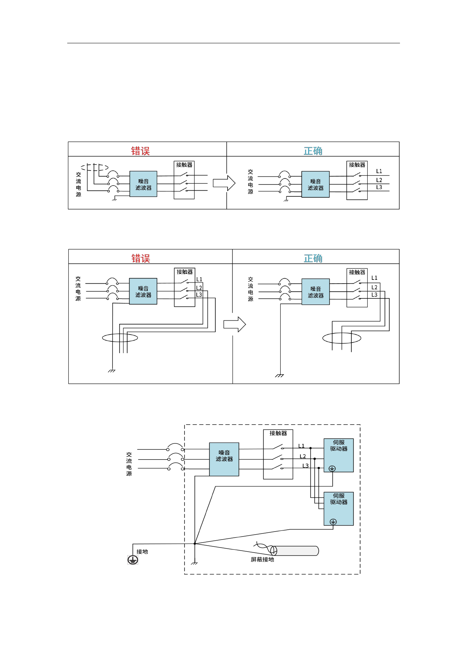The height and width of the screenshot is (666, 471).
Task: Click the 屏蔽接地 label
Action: point(262,559)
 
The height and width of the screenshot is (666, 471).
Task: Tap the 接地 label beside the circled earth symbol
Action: point(142,551)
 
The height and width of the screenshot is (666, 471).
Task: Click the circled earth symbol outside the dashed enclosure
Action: point(133,560)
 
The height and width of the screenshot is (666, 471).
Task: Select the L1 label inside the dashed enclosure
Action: point(301,446)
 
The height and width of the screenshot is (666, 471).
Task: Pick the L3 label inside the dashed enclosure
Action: point(305,466)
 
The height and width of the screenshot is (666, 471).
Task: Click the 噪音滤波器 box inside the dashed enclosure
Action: point(224,459)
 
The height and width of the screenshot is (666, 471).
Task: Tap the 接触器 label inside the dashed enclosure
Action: point(278,433)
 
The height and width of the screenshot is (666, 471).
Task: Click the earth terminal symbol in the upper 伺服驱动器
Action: point(332,469)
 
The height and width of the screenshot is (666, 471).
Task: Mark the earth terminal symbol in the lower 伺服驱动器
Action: point(333,522)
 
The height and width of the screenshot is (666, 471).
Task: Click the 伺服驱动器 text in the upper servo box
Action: point(339,445)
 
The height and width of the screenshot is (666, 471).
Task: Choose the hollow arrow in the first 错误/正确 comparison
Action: point(224,183)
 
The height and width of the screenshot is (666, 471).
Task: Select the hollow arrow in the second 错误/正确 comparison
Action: point(234,324)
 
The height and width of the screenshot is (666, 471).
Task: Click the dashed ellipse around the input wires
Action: point(95,167)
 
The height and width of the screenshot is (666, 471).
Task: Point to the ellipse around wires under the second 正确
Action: point(341,338)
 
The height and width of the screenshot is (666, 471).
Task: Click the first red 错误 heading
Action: point(141,151)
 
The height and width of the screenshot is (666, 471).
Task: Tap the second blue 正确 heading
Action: point(313,259)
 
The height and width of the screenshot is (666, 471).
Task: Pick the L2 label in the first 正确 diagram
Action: point(379,180)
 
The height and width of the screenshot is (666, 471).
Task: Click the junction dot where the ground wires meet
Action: point(195,544)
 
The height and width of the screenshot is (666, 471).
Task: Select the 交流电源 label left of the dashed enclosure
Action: point(129,464)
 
